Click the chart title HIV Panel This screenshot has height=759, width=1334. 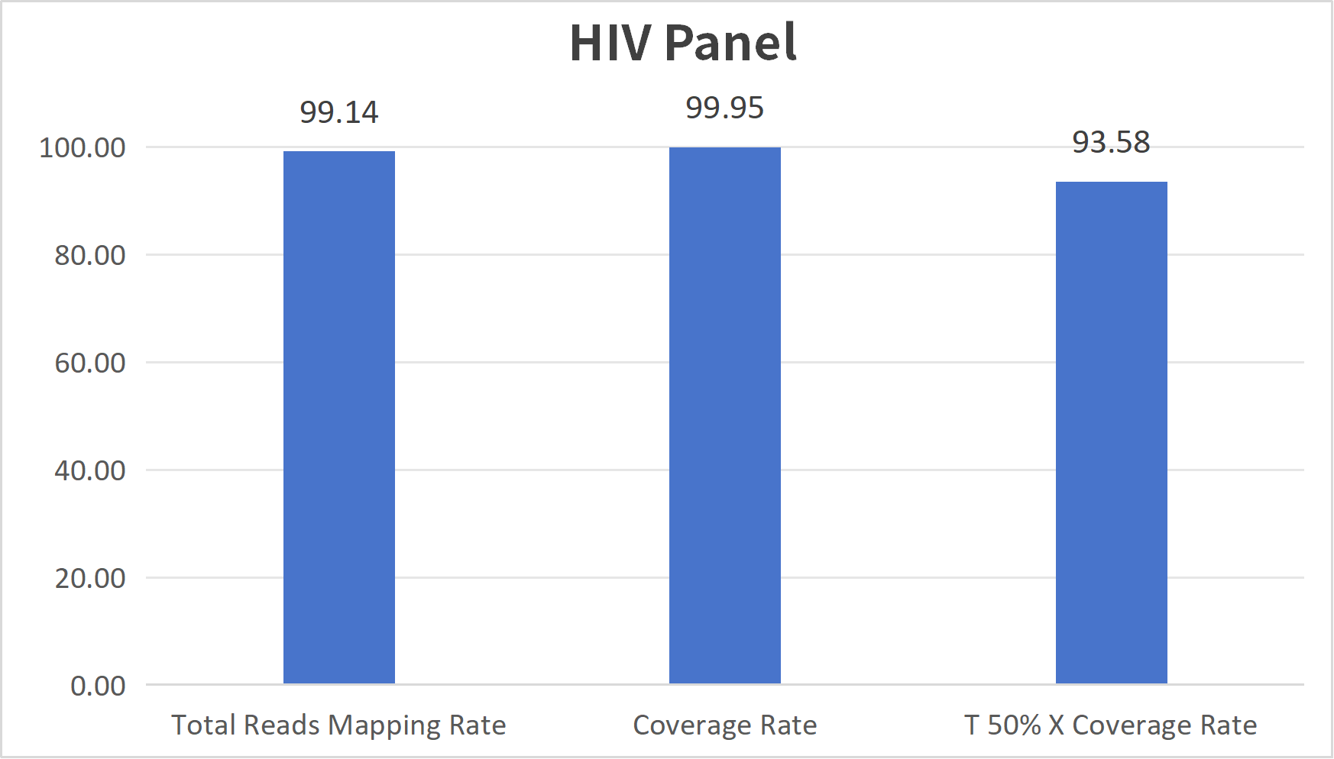point(683,43)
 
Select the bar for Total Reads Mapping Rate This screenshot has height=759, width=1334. point(338,416)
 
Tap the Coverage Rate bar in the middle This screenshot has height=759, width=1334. point(724,415)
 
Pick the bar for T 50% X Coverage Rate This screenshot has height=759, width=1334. point(1111,431)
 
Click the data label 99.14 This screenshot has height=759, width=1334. point(338,112)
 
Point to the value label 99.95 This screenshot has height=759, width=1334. point(724,108)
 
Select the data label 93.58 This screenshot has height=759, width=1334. point(1111,142)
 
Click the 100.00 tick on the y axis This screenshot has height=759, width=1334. point(83,147)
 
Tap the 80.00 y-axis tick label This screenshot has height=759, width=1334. point(90,255)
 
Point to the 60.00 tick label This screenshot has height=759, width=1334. point(90,363)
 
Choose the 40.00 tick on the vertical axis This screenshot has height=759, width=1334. point(90,470)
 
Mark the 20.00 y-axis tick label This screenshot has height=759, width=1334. point(90,578)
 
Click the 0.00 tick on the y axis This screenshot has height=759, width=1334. point(98,686)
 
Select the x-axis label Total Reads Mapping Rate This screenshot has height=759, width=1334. point(338,725)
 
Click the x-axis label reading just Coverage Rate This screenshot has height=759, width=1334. point(724,725)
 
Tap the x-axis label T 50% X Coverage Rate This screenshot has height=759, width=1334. point(1110,725)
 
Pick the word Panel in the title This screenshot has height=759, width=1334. point(730,43)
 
